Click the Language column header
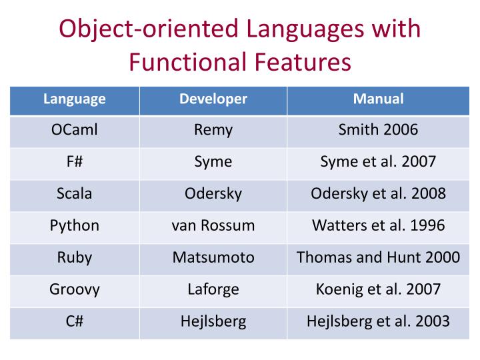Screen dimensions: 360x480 pos(75,99)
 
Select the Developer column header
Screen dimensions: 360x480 pos(213,99)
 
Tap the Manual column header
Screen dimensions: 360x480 pos(378,99)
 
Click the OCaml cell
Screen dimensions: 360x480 pos(75,130)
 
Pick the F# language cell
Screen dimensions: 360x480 pos(75,162)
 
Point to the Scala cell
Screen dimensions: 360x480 pos(75,194)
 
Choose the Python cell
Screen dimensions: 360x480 pos(75,225)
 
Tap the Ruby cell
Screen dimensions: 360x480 pos(75,257)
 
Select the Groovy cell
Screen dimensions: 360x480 pos(75,289)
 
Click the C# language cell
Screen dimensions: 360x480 pos(75,321)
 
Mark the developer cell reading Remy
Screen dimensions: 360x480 pos(213,130)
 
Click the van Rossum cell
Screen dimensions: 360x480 pos(213,225)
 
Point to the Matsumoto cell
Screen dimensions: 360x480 pos(213,257)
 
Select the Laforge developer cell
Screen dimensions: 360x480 pos(213,289)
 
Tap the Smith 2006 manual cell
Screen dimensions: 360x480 pos(378,130)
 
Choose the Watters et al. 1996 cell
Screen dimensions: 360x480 pos(378,225)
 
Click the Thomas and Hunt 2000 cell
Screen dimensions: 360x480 pos(378,257)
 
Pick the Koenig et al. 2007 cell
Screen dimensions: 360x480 pos(378,289)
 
